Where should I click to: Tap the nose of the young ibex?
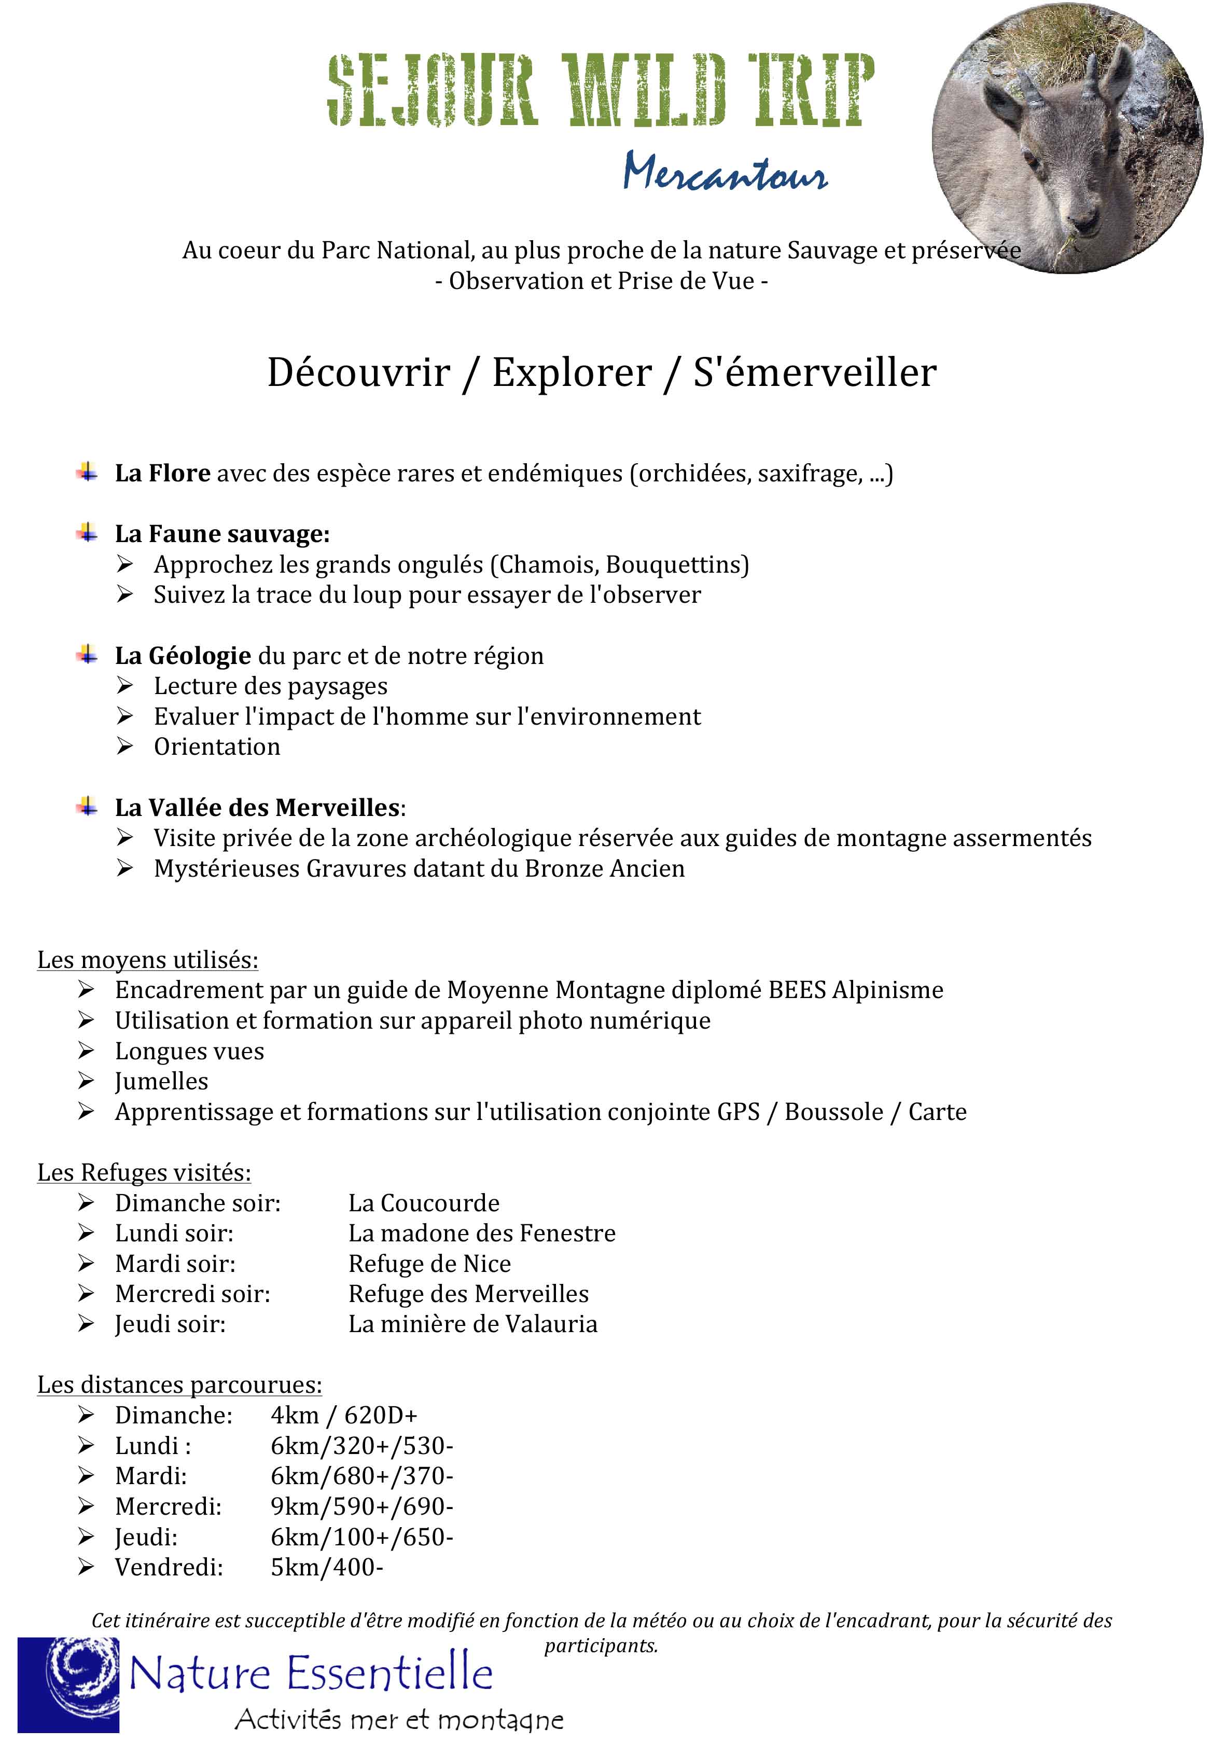coord(1082,221)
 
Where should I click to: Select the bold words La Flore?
coord(162,473)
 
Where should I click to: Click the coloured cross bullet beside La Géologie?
coord(87,654)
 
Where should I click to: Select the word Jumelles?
coord(161,1081)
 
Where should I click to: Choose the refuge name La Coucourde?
coord(424,1202)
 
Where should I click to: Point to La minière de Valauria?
coord(472,1324)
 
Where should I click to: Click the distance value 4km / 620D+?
coord(343,1415)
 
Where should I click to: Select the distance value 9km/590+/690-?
coord(361,1506)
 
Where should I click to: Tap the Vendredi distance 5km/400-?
coord(327,1567)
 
